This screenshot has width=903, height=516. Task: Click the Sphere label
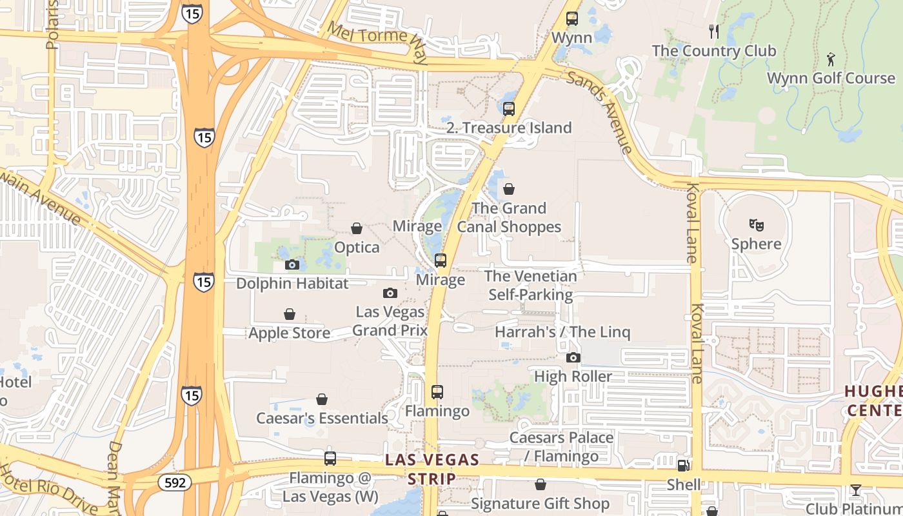[x=756, y=244]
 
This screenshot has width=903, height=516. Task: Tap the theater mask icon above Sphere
[x=756, y=225]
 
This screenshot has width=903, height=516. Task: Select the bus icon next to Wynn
[x=571, y=19]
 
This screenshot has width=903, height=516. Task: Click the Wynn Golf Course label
[x=831, y=78]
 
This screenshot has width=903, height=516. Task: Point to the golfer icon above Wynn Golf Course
[x=831, y=60]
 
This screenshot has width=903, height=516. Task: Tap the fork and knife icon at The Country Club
[x=713, y=32]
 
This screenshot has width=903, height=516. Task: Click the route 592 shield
[x=174, y=482]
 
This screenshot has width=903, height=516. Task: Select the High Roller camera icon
[x=573, y=357]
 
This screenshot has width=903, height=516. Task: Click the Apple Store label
[x=290, y=333]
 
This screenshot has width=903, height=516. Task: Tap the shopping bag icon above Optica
[x=357, y=228]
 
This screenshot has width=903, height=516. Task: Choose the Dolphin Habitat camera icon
[x=292, y=264]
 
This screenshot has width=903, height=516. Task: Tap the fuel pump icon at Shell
[x=683, y=465]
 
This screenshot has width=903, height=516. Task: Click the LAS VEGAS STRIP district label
[x=432, y=469]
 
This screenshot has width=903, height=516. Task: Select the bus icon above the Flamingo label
[x=437, y=392]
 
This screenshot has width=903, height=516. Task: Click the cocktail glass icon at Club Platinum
[x=855, y=490]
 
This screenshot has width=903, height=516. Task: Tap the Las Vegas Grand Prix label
[x=390, y=321]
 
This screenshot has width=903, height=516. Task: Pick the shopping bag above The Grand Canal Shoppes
[x=509, y=189]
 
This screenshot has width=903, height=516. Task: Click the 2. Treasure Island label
[x=509, y=128]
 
